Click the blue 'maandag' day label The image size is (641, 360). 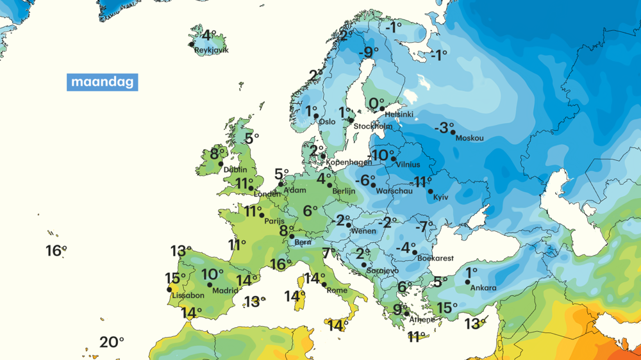coord(102,82)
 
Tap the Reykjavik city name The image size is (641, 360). coord(212,50)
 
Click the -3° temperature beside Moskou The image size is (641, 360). coord(444,127)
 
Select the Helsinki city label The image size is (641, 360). coord(399,115)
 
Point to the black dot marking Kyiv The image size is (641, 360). coord(431,191)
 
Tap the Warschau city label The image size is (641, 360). coord(394,191)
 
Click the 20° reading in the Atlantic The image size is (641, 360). coord(112,342)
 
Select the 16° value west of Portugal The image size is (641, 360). coord(56,250)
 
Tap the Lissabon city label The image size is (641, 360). coord(188,295)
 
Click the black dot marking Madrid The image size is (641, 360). coord(210,285)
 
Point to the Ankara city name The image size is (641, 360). coord(483,288)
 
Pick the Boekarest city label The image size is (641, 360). coord(435,258)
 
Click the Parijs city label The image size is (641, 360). coord(274,221)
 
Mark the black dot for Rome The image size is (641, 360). coord(324,284)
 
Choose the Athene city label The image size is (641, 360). coord(422,319)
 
